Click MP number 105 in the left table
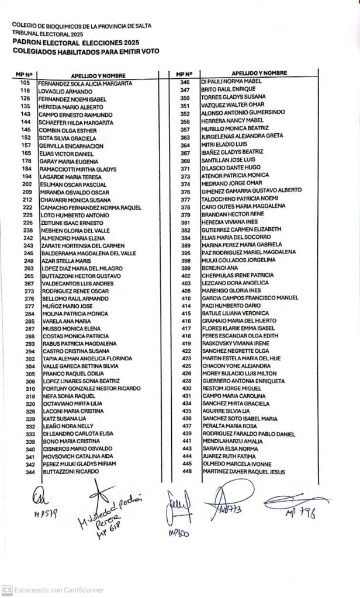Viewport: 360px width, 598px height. point(25,84)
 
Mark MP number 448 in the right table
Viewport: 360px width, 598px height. point(186,471)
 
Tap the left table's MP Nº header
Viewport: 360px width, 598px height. point(22,76)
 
